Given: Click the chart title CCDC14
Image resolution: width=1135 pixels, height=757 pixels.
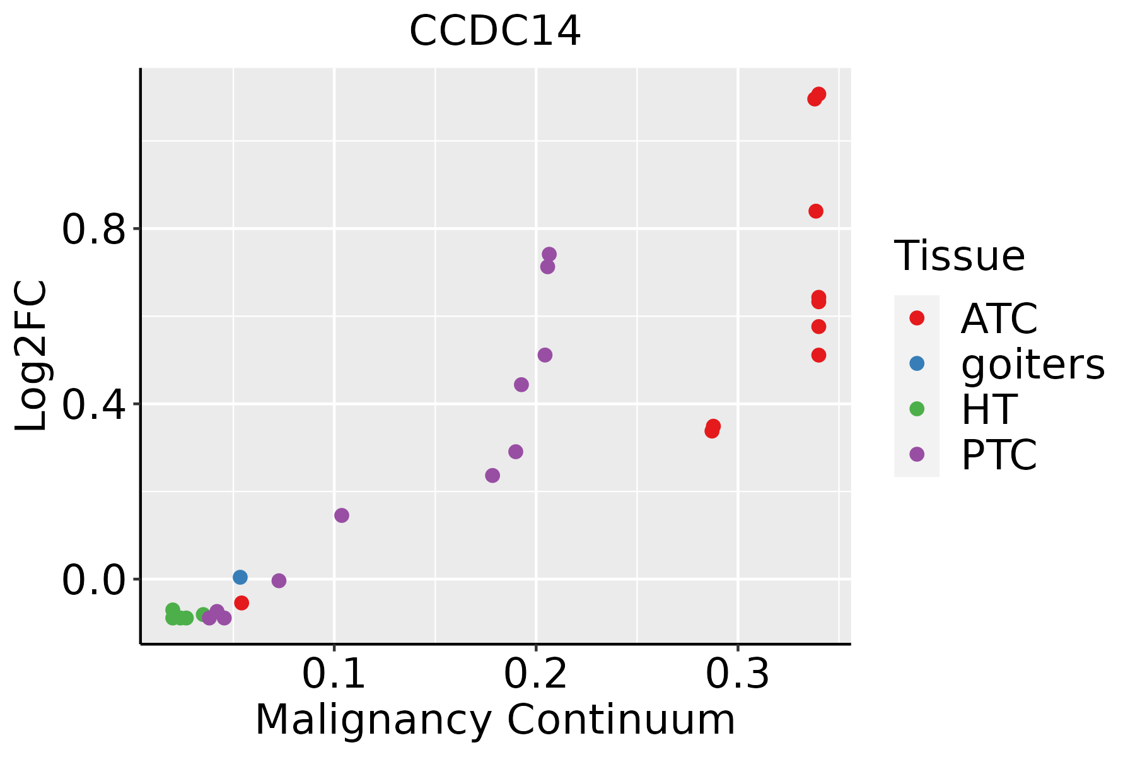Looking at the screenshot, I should point(495,32).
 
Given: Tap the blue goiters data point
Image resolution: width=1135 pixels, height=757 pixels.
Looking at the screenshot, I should point(240,577).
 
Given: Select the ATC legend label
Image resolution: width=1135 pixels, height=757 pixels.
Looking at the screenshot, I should point(999,319).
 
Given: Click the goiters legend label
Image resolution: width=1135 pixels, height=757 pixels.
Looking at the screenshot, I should point(1032,364).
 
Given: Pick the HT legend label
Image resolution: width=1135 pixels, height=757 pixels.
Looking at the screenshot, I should point(989,409).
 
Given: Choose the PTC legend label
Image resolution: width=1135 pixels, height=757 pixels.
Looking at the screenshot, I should point(999,455).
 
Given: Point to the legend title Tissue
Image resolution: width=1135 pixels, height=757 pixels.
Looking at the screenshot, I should point(959,257).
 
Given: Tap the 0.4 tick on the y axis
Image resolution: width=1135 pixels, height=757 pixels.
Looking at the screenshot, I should point(93,404).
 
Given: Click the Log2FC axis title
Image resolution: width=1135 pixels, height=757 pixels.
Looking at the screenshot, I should point(32,356).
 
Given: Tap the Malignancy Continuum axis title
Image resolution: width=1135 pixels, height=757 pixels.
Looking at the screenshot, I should point(495,720).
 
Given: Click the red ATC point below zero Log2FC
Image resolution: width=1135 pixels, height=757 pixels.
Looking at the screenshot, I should point(242,603).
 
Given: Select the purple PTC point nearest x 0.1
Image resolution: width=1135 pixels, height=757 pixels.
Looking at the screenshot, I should point(342,515).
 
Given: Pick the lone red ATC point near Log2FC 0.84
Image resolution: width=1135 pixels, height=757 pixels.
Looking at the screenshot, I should point(816,211).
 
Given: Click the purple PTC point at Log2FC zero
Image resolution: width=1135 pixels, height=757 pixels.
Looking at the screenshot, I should point(279,580).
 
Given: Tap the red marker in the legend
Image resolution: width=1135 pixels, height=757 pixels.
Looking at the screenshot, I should point(917,318).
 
